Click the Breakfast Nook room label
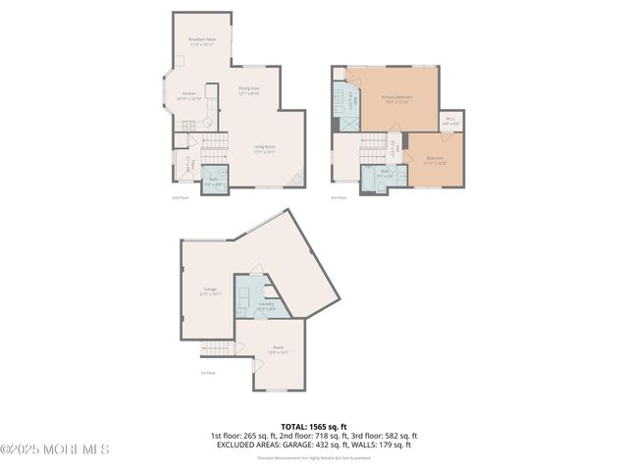tap(202, 41)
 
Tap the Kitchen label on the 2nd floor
tap(188, 96)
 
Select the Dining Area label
tap(249, 90)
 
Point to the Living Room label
tap(261, 149)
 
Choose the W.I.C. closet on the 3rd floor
tap(450, 123)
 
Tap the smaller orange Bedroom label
tap(434, 160)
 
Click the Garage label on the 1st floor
tap(210, 291)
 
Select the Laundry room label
tap(266, 306)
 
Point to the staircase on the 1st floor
tap(218, 348)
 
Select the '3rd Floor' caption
tap(339, 197)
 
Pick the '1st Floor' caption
tap(207, 373)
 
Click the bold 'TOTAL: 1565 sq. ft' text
tap(313, 426)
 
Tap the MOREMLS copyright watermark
tap(55, 449)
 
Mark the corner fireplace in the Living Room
tap(298, 180)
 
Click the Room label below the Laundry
tap(278, 348)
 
